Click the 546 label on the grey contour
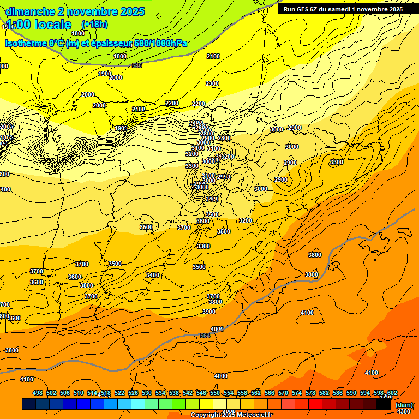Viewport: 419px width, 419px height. [137, 66]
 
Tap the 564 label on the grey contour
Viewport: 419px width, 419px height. [205, 336]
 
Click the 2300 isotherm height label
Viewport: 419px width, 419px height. [212, 83]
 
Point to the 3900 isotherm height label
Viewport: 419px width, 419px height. [209, 312]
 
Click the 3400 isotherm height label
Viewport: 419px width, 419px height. [153, 275]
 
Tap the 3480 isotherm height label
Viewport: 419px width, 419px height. [212, 199]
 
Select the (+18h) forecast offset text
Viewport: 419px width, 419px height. [94, 25]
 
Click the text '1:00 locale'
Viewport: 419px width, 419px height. [38, 25]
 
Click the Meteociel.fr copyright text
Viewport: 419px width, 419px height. [232, 415]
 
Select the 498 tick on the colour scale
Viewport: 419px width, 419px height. [38, 393]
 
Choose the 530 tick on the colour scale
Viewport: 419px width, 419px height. [147, 393]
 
